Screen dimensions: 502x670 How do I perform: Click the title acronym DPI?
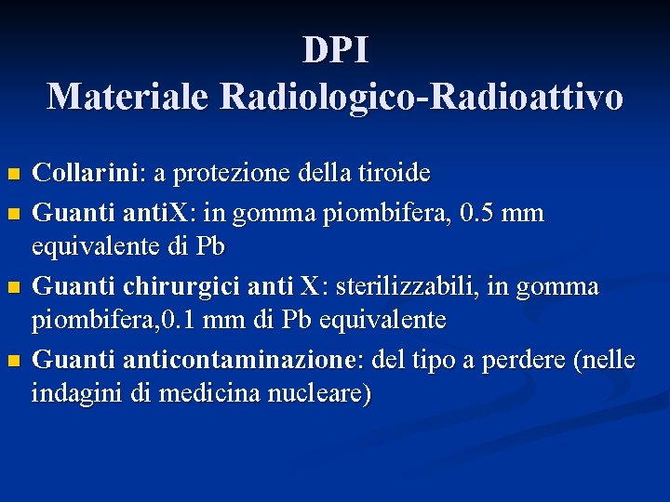pyautogui.click(x=335, y=50)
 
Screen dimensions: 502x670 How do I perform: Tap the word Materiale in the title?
pyautogui.click(x=127, y=96)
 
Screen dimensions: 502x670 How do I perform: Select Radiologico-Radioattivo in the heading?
pyautogui.click(x=422, y=96)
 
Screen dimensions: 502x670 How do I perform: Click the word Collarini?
pyautogui.click(x=85, y=173)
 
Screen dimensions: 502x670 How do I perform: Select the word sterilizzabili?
pyautogui.click(x=405, y=286)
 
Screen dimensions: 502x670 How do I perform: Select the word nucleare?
pyautogui.click(x=313, y=393)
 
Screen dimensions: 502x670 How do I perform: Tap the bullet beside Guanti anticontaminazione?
pyautogui.click(x=12, y=360)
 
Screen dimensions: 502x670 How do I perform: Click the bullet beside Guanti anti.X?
pyautogui.click(x=12, y=215)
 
